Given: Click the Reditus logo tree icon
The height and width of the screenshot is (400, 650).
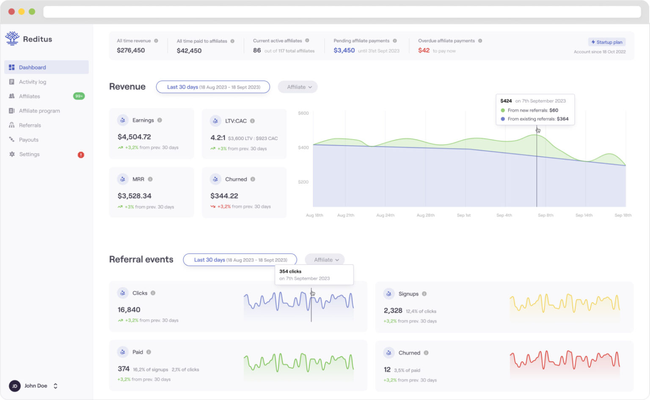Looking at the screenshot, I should tap(12, 38).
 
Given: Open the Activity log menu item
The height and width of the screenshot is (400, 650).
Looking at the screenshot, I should tap(33, 82).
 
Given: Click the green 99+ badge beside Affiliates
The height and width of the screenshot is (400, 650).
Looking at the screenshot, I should tap(79, 96).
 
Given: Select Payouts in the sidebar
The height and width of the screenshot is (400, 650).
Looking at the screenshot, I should tap(28, 140).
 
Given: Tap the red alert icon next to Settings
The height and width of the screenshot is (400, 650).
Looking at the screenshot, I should tap(81, 155).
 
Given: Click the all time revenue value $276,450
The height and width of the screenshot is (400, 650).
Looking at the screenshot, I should tap(131, 50).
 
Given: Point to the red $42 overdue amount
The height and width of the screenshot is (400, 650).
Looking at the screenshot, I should tap(424, 50).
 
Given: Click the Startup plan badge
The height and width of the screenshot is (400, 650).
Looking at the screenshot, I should tap(606, 42).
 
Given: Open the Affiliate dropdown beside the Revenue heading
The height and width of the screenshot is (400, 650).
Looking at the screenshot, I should tap(298, 87).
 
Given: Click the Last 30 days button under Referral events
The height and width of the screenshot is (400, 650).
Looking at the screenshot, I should tap(240, 260).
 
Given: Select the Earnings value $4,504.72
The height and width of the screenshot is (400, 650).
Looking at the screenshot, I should tap(134, 137).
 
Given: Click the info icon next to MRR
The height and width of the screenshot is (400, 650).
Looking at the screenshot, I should tap(150, 179).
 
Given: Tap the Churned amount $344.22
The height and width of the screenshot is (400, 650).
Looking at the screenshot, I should tap(224, 196).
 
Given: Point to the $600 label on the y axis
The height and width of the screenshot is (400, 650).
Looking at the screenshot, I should tap(303, 113).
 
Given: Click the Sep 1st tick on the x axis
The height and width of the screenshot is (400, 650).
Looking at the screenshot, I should tap(463, 215).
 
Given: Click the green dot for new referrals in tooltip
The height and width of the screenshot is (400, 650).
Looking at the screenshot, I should tap(503, 110).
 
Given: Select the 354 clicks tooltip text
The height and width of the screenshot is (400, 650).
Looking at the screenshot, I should tap(290, 271).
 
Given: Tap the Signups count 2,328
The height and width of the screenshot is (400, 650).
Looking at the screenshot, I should tap(393, 311).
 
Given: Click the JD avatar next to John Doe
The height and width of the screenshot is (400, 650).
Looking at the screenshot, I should tap(15, 386).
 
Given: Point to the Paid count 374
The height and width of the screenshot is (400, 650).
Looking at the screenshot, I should tap(124, 369).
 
